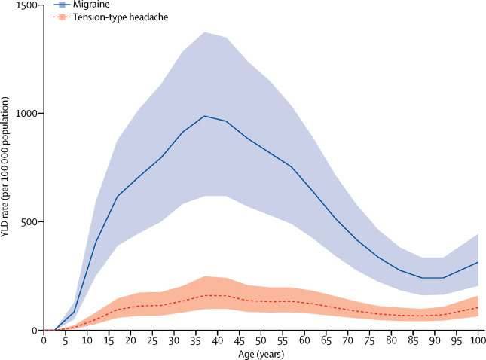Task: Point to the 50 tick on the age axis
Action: point(260,340)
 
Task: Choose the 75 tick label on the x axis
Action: point(368,340)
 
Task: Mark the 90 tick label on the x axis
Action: point(433,340)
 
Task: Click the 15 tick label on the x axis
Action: point(109,340)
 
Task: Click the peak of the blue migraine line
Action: point(205,116)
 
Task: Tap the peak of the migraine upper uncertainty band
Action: point(205,32)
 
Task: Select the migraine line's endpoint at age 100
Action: point(475,262)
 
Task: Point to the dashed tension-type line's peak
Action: point(205,295)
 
